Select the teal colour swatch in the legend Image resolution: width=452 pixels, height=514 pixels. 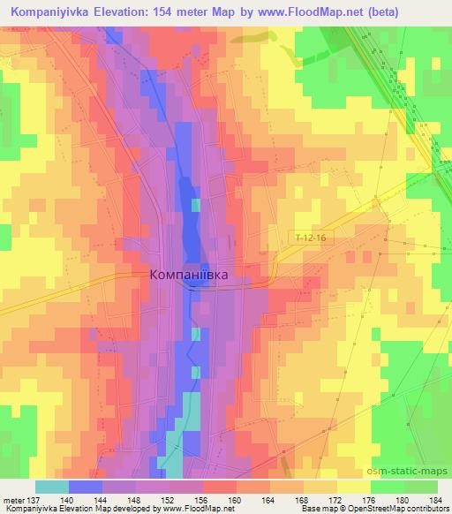pyautogui.click(x=52, y=487)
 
